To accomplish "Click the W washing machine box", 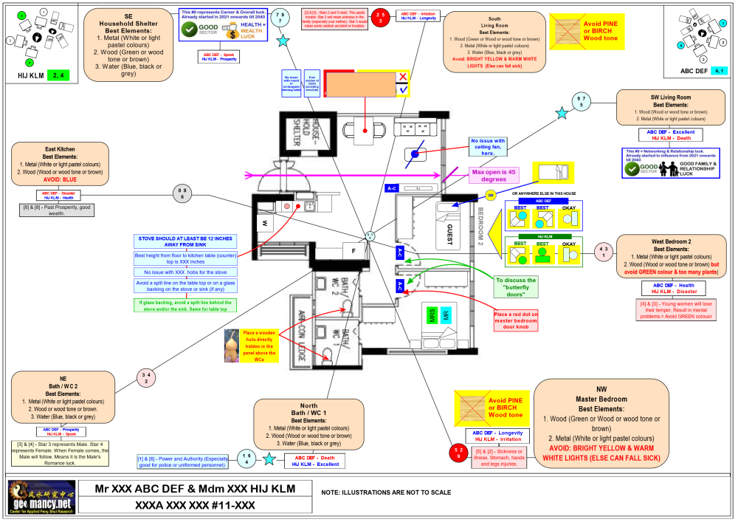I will point(263,221).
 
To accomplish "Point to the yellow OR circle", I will point(490,196).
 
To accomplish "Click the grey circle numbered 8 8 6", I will point(182,193).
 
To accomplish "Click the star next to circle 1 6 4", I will point(270,459).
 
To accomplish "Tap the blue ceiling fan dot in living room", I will point(415,154).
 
